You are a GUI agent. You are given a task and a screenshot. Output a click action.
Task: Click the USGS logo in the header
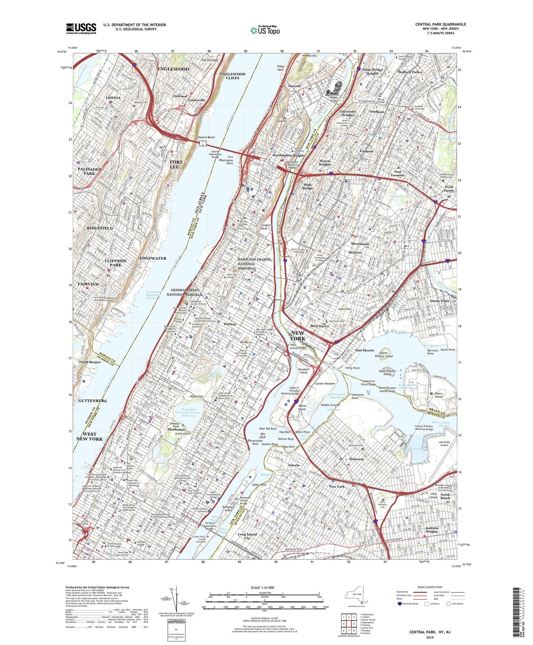coord(81,28)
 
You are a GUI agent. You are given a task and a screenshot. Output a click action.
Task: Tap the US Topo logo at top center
coord(265,31)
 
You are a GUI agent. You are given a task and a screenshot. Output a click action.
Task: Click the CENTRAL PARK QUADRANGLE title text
coord(441,24)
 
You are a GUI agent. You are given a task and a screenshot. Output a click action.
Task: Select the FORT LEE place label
coord(176,164)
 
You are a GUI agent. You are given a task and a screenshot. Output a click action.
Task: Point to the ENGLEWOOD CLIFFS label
coord(232,76)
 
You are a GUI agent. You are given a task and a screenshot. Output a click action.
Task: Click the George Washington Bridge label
coord(215,154)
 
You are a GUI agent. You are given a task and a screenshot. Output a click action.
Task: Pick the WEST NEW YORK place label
coord(89,436)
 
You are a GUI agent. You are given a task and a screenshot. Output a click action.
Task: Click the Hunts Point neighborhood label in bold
coord(440,301)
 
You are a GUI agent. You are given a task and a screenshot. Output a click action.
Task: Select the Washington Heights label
coord(289,155)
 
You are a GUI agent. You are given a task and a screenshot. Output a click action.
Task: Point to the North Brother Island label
coord(384,355)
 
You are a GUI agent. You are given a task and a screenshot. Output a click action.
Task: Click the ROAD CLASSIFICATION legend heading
coord(430,587)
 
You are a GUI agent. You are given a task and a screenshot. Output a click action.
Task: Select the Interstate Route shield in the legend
coord(400,603)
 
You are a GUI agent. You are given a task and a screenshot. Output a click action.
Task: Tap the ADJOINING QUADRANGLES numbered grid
coord(349,621)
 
